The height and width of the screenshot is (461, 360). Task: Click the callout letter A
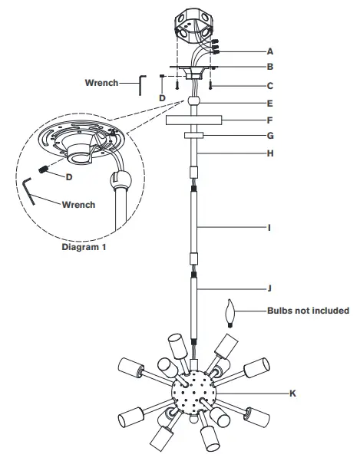pyautogui.click(x=269, y=51)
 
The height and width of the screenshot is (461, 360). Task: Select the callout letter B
pyautogui.click(x=269, y=68)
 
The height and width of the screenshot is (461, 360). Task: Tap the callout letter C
pyautogui.click(x=269, y=86)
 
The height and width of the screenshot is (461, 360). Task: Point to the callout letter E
pyautogui.click(x=269, y=102)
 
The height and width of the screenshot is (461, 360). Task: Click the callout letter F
pyautogui.click(x=269, y=120)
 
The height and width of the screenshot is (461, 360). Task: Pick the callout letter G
pyautogui.click(x=269, y=137)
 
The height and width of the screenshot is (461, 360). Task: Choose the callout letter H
pyautogui.click(x=269, y=154)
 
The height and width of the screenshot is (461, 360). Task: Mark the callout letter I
pyautogui.click(x=269, y=228)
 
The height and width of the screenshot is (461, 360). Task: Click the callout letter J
pyautogui.click(x=269, y=289)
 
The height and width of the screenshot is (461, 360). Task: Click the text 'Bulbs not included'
pyautogui.click(x=308, y=311)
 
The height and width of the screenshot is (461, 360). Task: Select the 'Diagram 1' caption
pyautogui.click(x=84, y=248)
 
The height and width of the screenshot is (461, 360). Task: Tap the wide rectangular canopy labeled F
pyautogui.click(x=193, y=120)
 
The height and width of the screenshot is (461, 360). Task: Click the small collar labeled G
pyautogui.click(x=193, y=136)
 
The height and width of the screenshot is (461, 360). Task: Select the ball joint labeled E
pyautogui.click(x=194, y=101)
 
